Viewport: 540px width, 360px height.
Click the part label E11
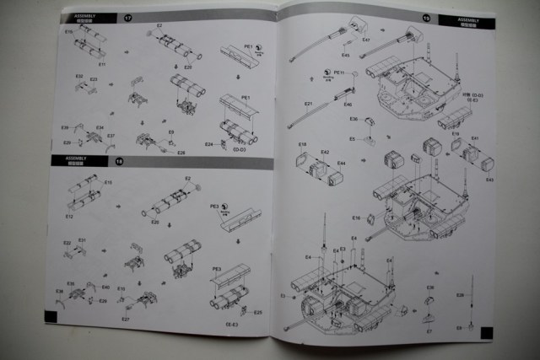[101, 63]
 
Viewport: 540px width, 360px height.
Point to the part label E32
[78, 77]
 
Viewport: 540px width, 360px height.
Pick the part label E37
[111, 136]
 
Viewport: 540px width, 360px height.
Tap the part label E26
[181, 153]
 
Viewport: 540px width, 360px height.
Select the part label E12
[68, 216]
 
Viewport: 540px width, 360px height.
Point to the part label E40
[105, 287]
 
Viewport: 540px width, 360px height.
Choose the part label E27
[125, 319]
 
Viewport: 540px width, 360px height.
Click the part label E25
[234, 313]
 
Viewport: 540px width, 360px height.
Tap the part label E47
[366, 40]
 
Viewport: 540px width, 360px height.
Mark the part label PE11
[338, 73]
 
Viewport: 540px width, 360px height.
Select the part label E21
[309, 104]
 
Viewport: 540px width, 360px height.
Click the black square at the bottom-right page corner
[483, 333]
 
